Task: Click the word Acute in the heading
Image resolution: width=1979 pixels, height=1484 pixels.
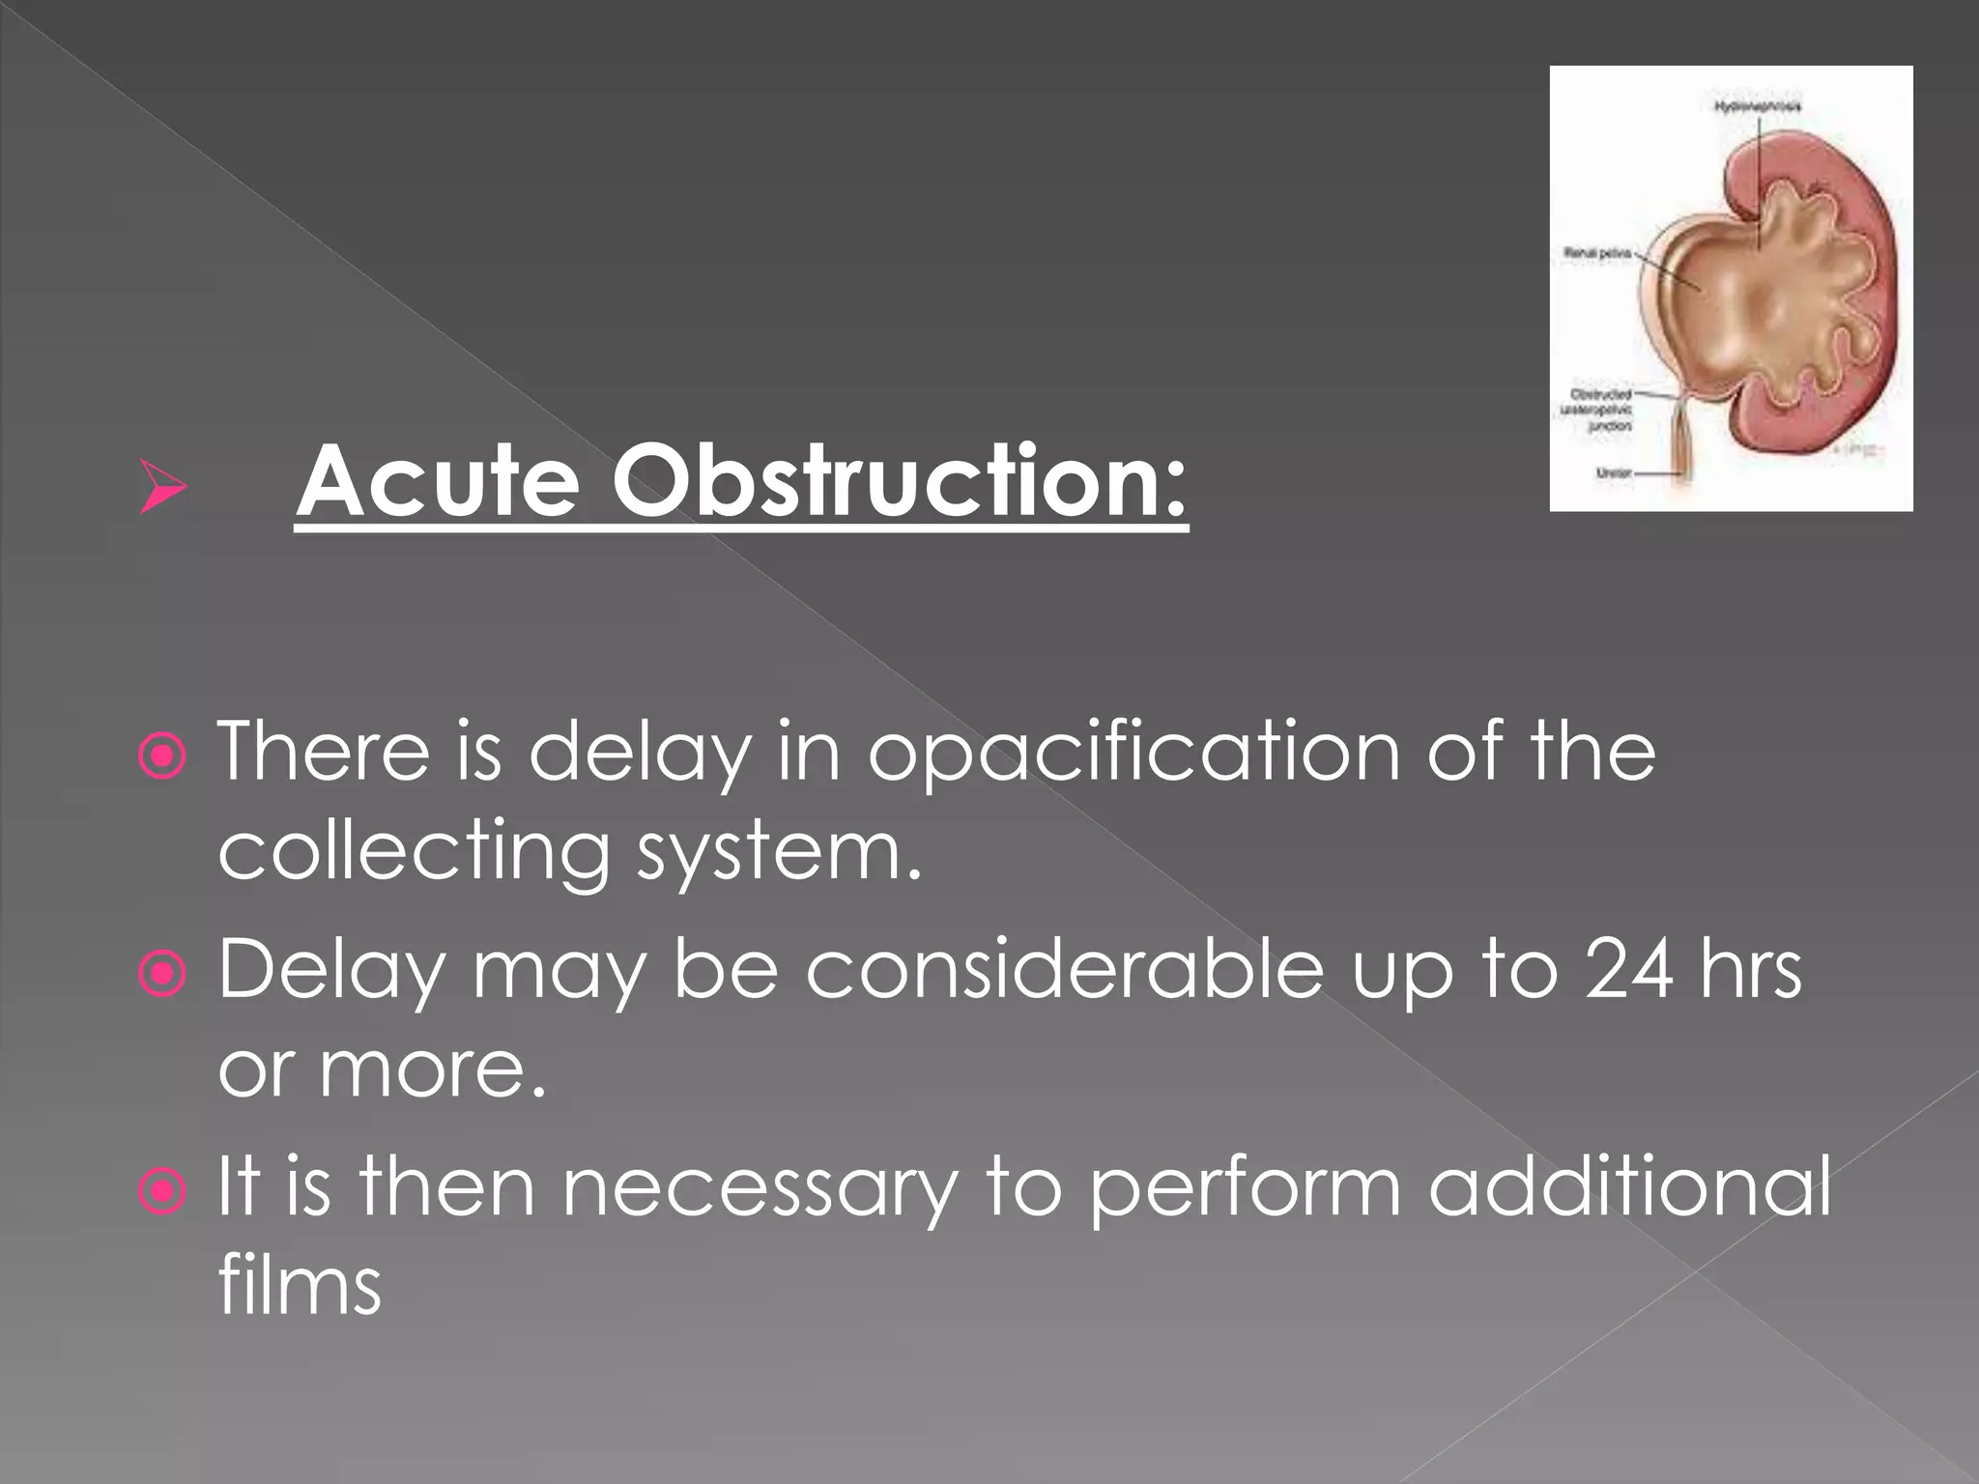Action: click(x=438, y=481)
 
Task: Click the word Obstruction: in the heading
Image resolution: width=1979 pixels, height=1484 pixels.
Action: click(x=899, y=481)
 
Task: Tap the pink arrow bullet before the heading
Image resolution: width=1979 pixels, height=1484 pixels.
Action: click(x=162, y=487)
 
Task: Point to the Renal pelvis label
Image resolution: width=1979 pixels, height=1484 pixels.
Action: click(x=1597, y=253)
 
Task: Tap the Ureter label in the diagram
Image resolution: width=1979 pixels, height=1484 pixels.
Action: click(x=1614, y=473)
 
